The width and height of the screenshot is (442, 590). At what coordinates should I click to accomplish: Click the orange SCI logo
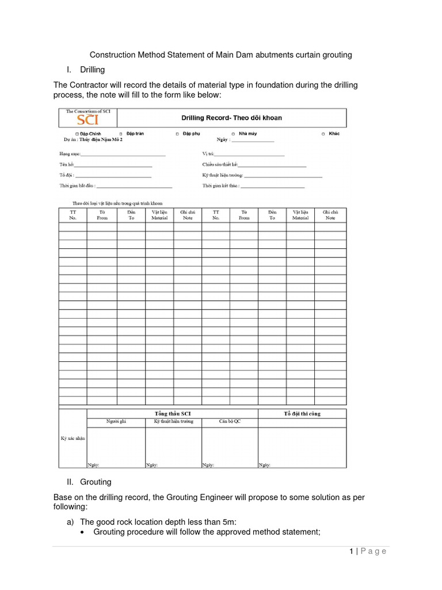coord(88,120)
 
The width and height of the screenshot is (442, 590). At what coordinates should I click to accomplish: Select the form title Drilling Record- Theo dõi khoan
coord(231,118)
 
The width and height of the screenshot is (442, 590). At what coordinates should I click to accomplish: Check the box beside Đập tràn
coord(120,134)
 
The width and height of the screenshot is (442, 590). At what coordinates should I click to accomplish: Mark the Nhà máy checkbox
coord(233,134)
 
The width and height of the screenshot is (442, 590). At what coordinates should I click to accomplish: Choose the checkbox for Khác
coord(323,134)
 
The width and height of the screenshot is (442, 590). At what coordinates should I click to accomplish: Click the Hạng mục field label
coord(70,154)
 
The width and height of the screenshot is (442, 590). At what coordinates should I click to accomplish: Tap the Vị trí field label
coord(208,154)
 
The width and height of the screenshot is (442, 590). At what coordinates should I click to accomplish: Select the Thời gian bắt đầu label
coord(77,186)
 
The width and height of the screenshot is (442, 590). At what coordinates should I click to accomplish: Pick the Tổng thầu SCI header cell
coord(172,414)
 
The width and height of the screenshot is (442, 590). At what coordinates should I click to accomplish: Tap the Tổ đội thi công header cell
coord(302,414)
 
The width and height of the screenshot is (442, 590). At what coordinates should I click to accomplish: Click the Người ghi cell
coord(116,422)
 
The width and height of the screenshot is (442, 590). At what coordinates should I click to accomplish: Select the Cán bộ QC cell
coord(230,422)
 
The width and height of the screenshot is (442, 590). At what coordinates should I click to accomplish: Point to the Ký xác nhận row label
coord(73,438)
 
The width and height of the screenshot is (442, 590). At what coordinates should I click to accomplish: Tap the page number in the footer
coord(350,551)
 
